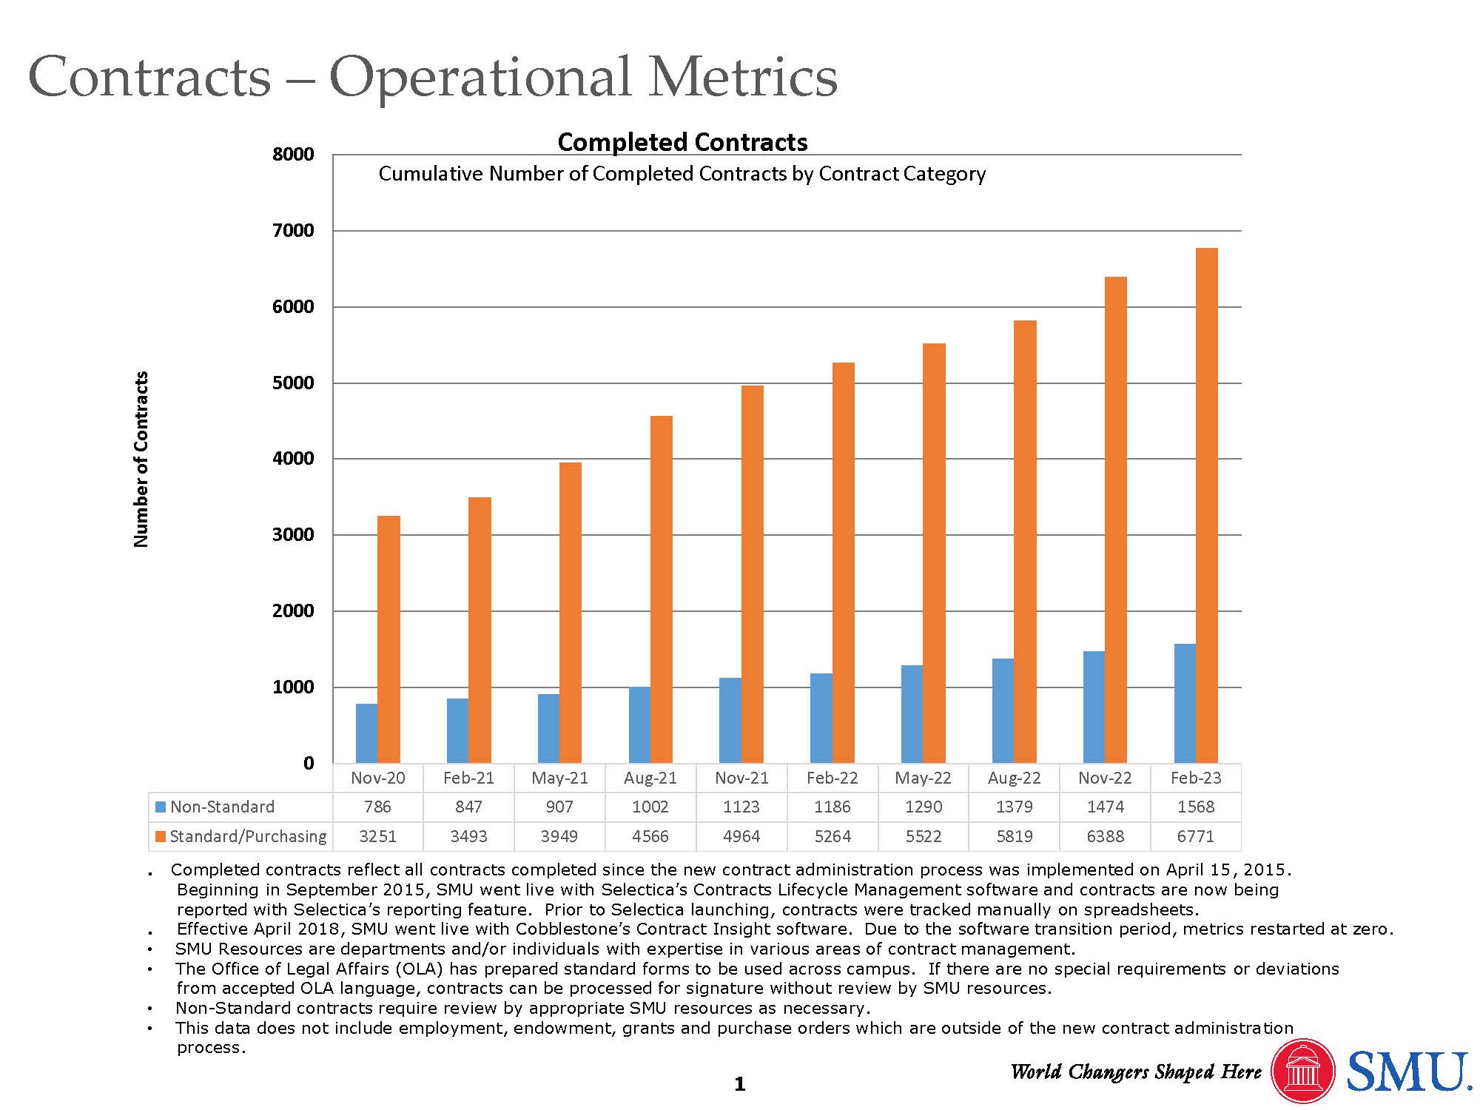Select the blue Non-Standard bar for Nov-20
coord(366,733)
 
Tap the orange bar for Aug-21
coord(662,590)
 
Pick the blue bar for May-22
coord(912,714)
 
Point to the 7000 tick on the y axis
coord(293,231)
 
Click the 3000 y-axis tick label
coord(293,535)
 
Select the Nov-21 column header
coord(741,778)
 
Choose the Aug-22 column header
coord(1014,778)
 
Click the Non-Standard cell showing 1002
coord(650,807)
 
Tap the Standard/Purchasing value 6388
coord(1105,836)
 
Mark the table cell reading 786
coord(377,807)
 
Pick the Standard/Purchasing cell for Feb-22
coord(832,836)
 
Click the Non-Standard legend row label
coord(222,807)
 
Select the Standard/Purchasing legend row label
coord(248,836)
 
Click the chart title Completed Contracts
coord(682,142)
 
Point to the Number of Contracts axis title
coord(141,459)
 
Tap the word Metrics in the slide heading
coord(743,77)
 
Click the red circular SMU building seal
coord(1302,1071)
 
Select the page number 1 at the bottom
coord(739,1085)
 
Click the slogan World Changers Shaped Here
coord(1136,1072)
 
